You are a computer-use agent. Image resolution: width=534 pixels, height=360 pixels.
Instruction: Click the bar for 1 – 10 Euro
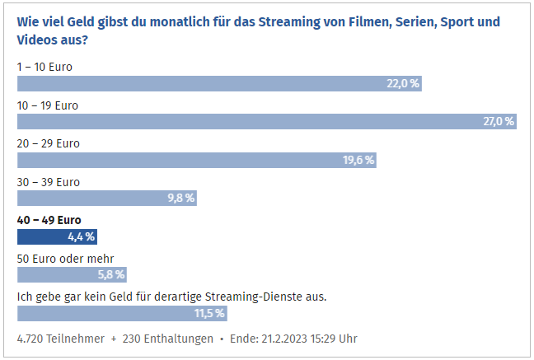(x=219, y=83)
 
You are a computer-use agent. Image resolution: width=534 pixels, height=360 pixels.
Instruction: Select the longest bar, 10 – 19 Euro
(x=266, y=122)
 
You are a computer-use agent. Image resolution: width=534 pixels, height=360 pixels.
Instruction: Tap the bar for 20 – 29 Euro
(x=197, y=160)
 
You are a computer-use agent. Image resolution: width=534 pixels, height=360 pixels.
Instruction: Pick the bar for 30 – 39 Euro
(x=107, y=198)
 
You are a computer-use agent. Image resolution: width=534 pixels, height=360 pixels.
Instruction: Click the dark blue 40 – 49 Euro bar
(x=57, y=236)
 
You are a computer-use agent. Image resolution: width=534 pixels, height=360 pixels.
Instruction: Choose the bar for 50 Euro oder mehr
(x=72, y=274)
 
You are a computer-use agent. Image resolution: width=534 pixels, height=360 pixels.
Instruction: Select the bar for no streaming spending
(x=121, y=313)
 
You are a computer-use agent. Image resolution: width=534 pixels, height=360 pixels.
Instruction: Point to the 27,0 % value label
(x=499, y=122)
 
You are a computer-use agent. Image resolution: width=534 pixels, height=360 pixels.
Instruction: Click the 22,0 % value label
(x=404, y=83)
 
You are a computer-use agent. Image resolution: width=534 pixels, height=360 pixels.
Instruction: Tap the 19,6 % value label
(x=358, y=160)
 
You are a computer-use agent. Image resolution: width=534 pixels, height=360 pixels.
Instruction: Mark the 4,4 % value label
(x=81, y=236)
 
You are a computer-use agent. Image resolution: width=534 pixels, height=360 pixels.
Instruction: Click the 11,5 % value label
(x=209, y=313)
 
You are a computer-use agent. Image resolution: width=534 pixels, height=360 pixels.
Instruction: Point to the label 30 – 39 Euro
(x=49, y=181)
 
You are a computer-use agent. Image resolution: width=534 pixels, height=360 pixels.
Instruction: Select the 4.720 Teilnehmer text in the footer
(x=61, y=339)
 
